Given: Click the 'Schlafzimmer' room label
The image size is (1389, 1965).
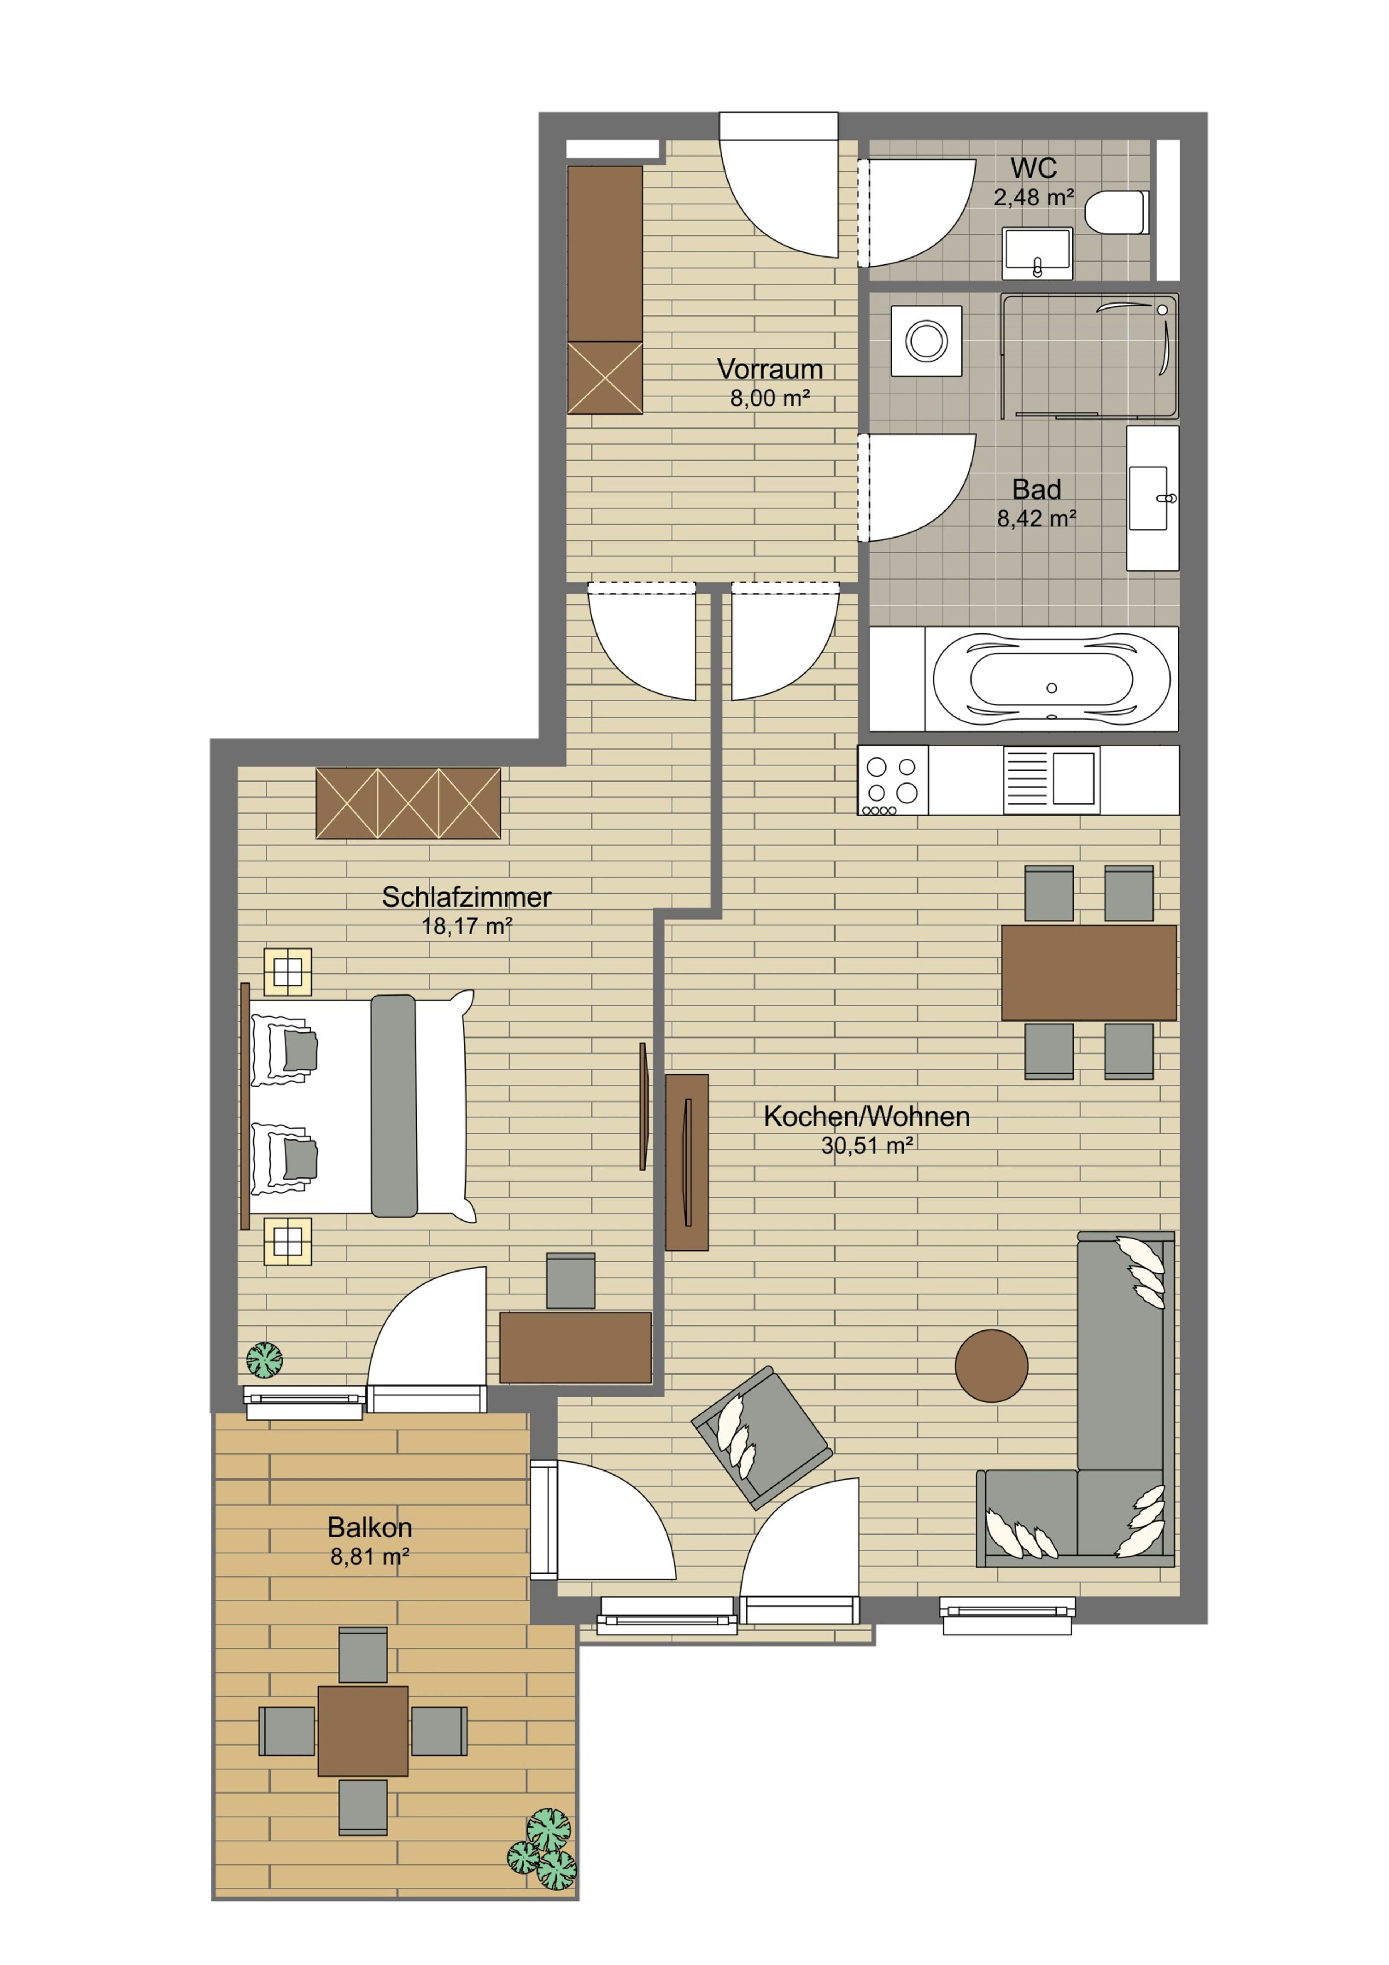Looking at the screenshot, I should click(466, 897).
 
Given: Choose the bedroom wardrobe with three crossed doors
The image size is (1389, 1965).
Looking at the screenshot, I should click(408, 803).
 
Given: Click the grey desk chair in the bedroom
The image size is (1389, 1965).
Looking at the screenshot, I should click(570, 1281).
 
